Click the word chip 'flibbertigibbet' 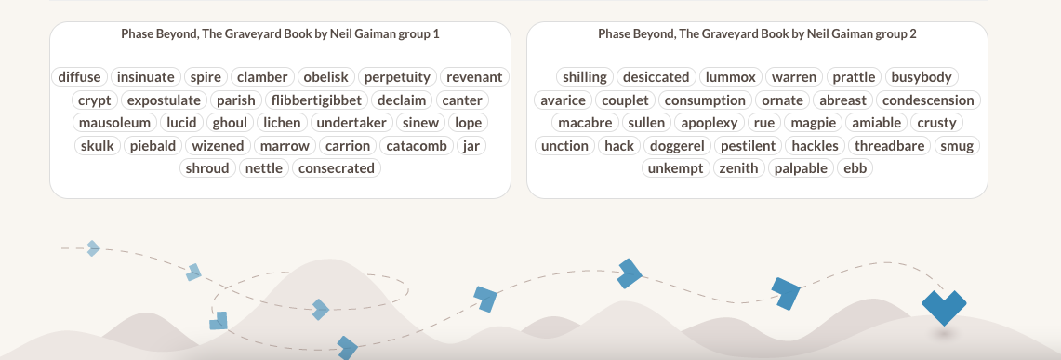click(x=316, y=100)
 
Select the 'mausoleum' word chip click(x=114, y=123)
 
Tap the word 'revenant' click(x=474, y=77)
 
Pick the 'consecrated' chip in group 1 click(x=337, y=168)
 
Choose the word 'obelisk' click(x=325, y=77)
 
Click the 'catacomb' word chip click(x=418, y=146)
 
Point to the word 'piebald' click(x=154, y=146)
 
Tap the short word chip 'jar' click(x=471, y=146)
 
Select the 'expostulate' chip click(x=164, y=100)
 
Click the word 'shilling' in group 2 click(x=585, y=77)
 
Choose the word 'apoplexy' click(x=709, y=123)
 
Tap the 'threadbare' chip click(x=890, y=146)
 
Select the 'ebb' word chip click(x=855, y=168)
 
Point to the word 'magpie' click(x=812, y=123)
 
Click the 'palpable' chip click(x=801, y=168)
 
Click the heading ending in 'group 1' click(x=280, y=33)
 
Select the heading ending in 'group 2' click(x=757, y=33)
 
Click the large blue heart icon click(x=944, y=306)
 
